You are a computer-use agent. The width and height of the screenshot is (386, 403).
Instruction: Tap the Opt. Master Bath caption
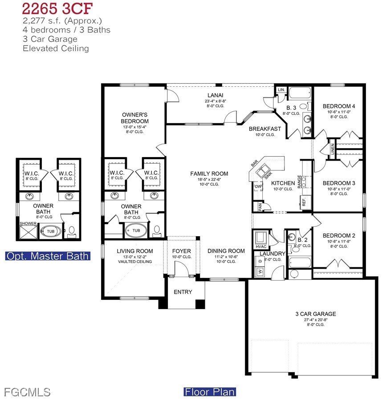pos(48,256)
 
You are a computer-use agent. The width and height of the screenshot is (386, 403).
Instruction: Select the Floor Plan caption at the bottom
pos(210,392)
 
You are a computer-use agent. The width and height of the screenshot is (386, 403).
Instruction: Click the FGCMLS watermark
pos(27,392)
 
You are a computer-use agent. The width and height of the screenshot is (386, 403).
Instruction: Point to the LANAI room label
pos(215,95)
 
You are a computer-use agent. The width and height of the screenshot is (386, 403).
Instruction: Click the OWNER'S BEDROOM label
pos(134,118)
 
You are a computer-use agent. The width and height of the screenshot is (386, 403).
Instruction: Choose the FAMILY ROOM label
pos(209,174)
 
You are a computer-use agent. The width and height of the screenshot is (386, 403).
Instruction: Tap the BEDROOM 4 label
pos(339,106)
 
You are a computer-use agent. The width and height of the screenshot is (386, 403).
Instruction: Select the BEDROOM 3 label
pos(339,183)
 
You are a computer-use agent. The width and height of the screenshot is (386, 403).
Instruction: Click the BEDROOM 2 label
pos(339,236)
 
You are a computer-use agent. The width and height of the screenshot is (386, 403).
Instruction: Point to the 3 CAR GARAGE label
pos(315,314)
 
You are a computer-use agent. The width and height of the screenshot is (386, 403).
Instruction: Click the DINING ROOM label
pos(226,251)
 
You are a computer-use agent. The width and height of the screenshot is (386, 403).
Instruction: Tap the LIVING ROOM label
pos(134,251)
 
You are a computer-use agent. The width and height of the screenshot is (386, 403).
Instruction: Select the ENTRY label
pos(183,292)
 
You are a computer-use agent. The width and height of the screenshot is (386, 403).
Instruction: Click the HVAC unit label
pos(260,247)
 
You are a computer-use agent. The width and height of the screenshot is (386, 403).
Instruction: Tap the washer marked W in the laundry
pos(260,271)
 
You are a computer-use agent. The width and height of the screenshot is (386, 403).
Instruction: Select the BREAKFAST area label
pos(265,129)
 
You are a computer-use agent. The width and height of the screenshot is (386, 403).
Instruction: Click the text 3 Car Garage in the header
pos(50,39)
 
